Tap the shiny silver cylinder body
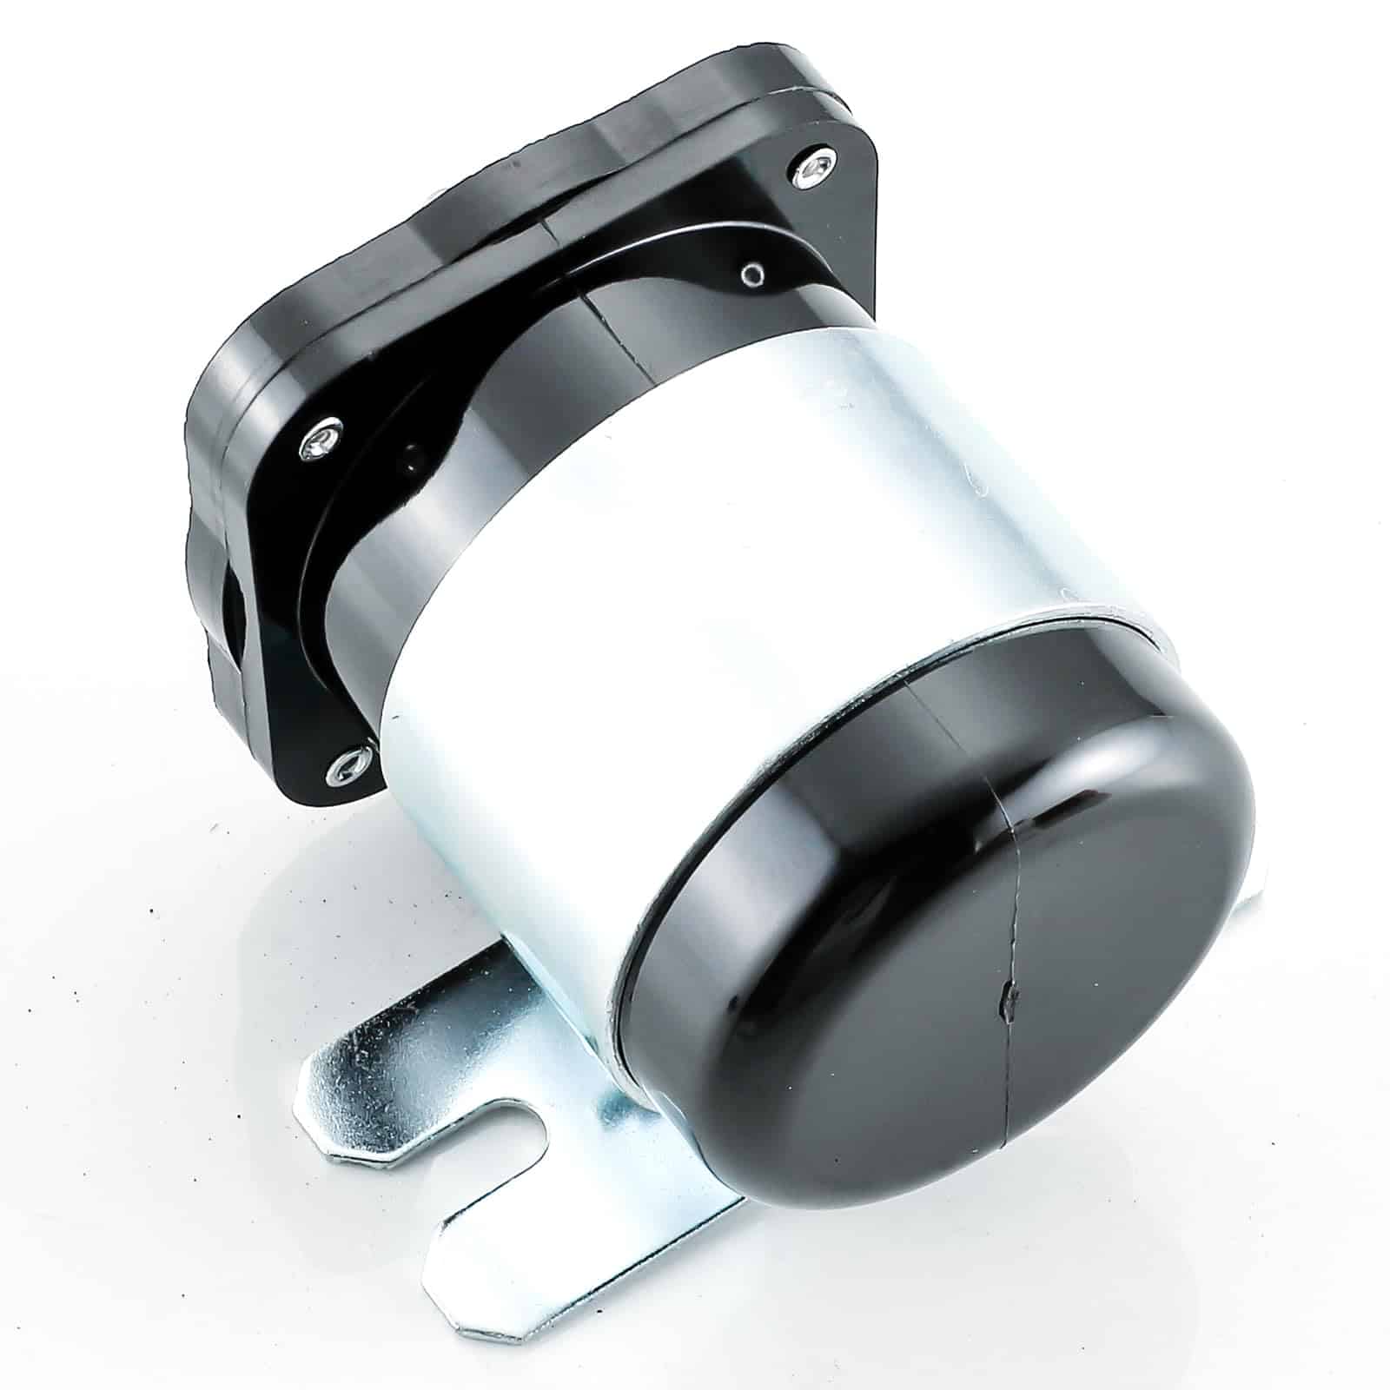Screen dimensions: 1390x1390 click(x=695, y=521)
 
